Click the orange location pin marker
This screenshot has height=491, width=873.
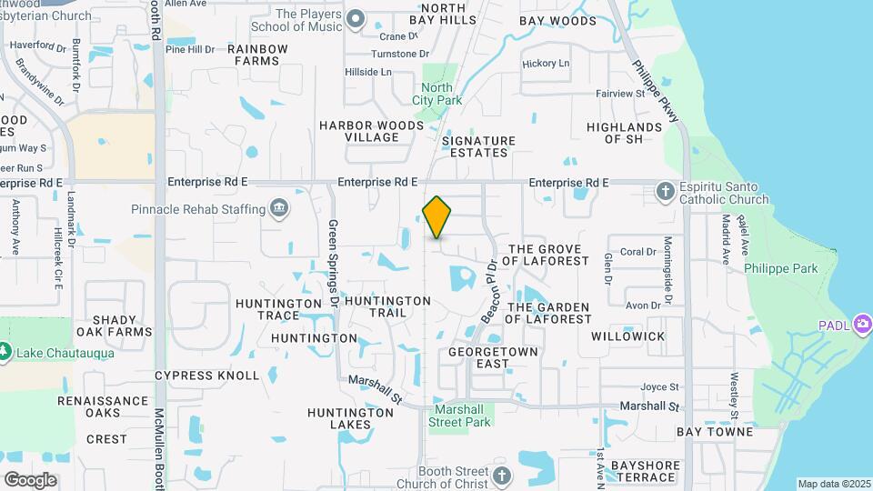tap(436, 217)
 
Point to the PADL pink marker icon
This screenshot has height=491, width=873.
tap(862, 325)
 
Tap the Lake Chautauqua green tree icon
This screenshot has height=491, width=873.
tap(5, 352)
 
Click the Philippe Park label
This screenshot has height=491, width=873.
tap(780, 268)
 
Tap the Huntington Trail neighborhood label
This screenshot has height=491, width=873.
tap(387, 306)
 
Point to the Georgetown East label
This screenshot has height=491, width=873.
tap(494, 356)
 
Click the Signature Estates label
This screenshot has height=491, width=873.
tap(478, 146)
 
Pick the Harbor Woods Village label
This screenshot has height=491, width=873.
tap(371, 131)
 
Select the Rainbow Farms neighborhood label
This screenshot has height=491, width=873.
tap(257, 55)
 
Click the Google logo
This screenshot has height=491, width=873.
tap(30, 479)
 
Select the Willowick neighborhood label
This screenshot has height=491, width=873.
tap(627, 336)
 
